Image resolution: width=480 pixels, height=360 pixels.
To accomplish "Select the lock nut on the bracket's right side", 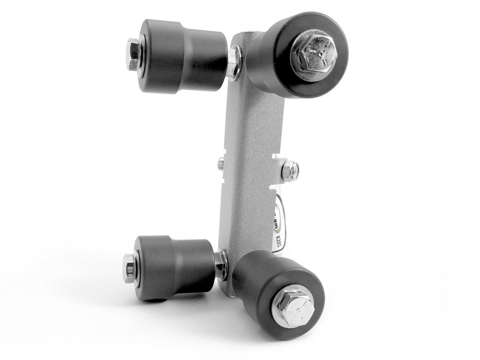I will click(288, 169).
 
